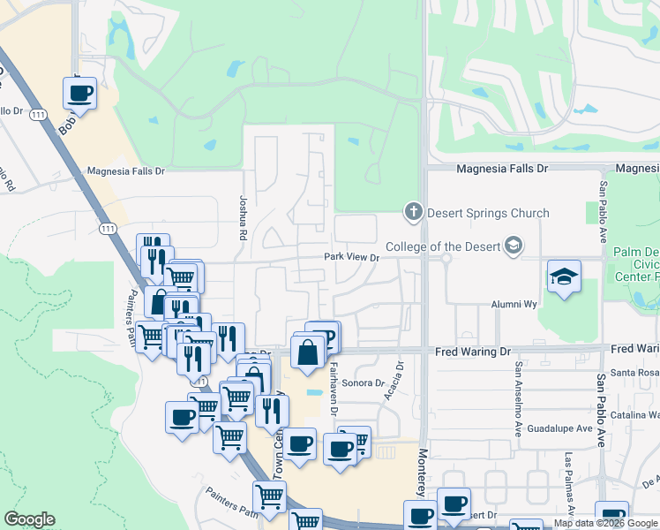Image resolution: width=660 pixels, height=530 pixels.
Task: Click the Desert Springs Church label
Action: (488, 213)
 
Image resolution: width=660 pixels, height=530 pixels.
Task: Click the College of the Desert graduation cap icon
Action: (514, 246)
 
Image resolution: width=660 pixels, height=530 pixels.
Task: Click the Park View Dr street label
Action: (351, 258)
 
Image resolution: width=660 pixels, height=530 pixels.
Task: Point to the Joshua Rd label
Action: (243, 217)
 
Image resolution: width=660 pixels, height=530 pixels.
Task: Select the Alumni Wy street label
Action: (514, 304)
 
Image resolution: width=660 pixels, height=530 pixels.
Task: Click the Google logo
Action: (30, 519)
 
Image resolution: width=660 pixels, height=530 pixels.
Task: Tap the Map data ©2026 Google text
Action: (605, 523)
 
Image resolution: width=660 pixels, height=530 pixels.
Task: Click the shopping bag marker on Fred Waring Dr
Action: (307, 352)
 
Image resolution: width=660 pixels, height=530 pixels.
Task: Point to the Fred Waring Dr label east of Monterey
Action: (473, 352)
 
